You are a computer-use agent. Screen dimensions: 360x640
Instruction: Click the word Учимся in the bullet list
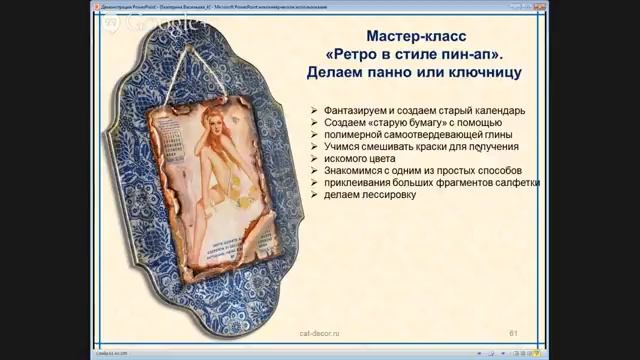(x=342, y=146)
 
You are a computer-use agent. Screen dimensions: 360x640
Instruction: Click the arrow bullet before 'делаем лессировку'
(x=315, y=195)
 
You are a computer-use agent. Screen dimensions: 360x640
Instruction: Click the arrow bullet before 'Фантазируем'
(x=315, y=109)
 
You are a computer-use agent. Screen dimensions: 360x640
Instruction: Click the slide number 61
(x=513, y=331)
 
